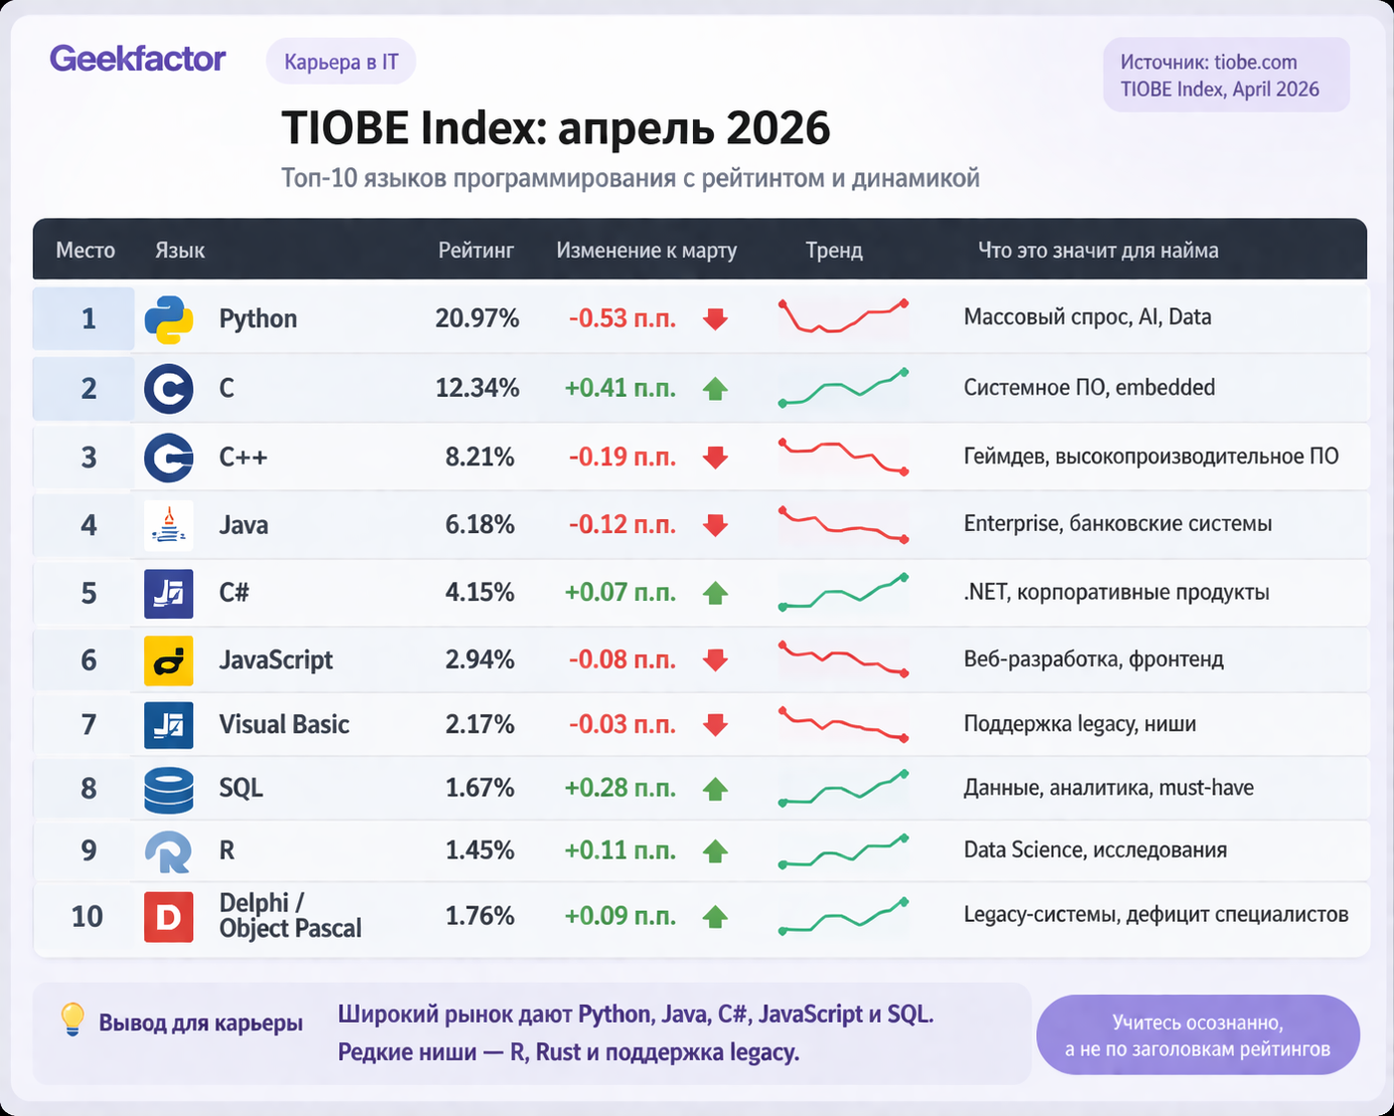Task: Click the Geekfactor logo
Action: tap(137, 59)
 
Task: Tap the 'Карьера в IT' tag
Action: tap(341, 63)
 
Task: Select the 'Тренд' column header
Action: tap(833, 251)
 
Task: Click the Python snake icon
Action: tap(169, 319)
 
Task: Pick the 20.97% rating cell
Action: tap(476, 318)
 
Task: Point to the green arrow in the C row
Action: tap(715, 389)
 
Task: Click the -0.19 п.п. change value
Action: tap(621, 457)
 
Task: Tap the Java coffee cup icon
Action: tap(169, 525)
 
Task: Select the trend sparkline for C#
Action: tap(843, 593)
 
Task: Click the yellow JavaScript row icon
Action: tap(169, 660)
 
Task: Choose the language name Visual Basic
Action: tap(284, 724)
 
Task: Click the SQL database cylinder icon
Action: tap(169, 790)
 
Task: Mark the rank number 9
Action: tap(88, 850)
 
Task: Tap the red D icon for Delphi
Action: tap(169, 917)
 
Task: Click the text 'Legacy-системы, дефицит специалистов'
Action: tap(1155, 914)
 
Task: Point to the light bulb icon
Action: tap(73, 1020)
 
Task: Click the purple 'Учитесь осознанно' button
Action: tap(1197, 1035)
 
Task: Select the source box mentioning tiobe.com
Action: tap(1225, 76)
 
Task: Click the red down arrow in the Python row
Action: tap(715, 319)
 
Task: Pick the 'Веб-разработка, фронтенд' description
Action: tap(1093, 658)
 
